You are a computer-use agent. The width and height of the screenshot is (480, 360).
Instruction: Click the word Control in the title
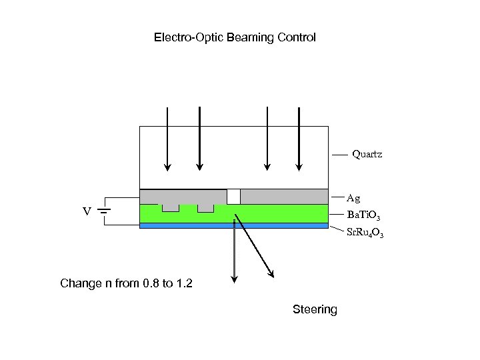pyautogui.click(x=295, y=37)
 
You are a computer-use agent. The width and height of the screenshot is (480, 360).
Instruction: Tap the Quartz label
pyautogui.click(x=367, y=155)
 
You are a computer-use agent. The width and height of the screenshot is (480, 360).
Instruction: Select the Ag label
pyautogui.click(x=353, y=198)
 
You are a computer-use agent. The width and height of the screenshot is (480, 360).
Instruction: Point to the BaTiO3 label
pyautogui.click(x=363, y=215)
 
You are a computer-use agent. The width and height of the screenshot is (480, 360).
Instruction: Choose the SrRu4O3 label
pyautogui.click(x=365, y=233)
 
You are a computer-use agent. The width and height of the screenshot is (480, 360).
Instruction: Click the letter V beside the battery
pyautogui.click(x=87, y=212)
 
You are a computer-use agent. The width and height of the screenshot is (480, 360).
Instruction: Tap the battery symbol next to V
pyautogui.click(x=103, y=211)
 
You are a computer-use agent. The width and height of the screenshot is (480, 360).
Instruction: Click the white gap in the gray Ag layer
pyautogui.click(x=233, y=197)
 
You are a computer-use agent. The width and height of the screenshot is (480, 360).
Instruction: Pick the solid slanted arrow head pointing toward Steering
pyautogui.click(x=271, y=272)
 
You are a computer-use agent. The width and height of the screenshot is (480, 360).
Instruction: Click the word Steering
pyautogui.click(x=315, y=309)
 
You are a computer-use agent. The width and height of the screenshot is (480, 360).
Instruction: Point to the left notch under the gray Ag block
pyautogui.click(x=171, y=208)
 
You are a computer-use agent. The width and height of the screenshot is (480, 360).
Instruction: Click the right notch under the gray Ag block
pyautogui.click(x=205, y=208)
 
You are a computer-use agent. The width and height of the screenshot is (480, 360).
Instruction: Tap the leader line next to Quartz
pyautogui.click(x=340, y=155)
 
